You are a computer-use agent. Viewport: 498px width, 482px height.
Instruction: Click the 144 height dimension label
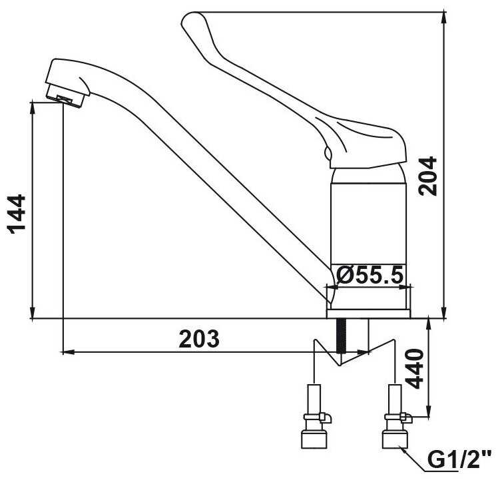pos(17,214)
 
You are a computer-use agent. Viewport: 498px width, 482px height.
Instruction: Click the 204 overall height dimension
pos(427,176)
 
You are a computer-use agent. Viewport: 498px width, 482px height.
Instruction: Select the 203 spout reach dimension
pos(199,339)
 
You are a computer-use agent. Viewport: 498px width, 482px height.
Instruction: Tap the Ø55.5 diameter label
pos(370,275)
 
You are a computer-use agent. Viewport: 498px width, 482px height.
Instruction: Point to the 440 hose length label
pos(415,369)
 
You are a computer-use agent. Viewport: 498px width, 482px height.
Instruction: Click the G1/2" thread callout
pos(459,459)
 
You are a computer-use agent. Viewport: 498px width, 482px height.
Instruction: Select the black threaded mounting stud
pos(342,336)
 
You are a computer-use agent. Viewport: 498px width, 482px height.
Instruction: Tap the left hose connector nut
pos(314,439)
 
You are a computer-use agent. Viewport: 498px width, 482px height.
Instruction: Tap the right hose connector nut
pos(395,439)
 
